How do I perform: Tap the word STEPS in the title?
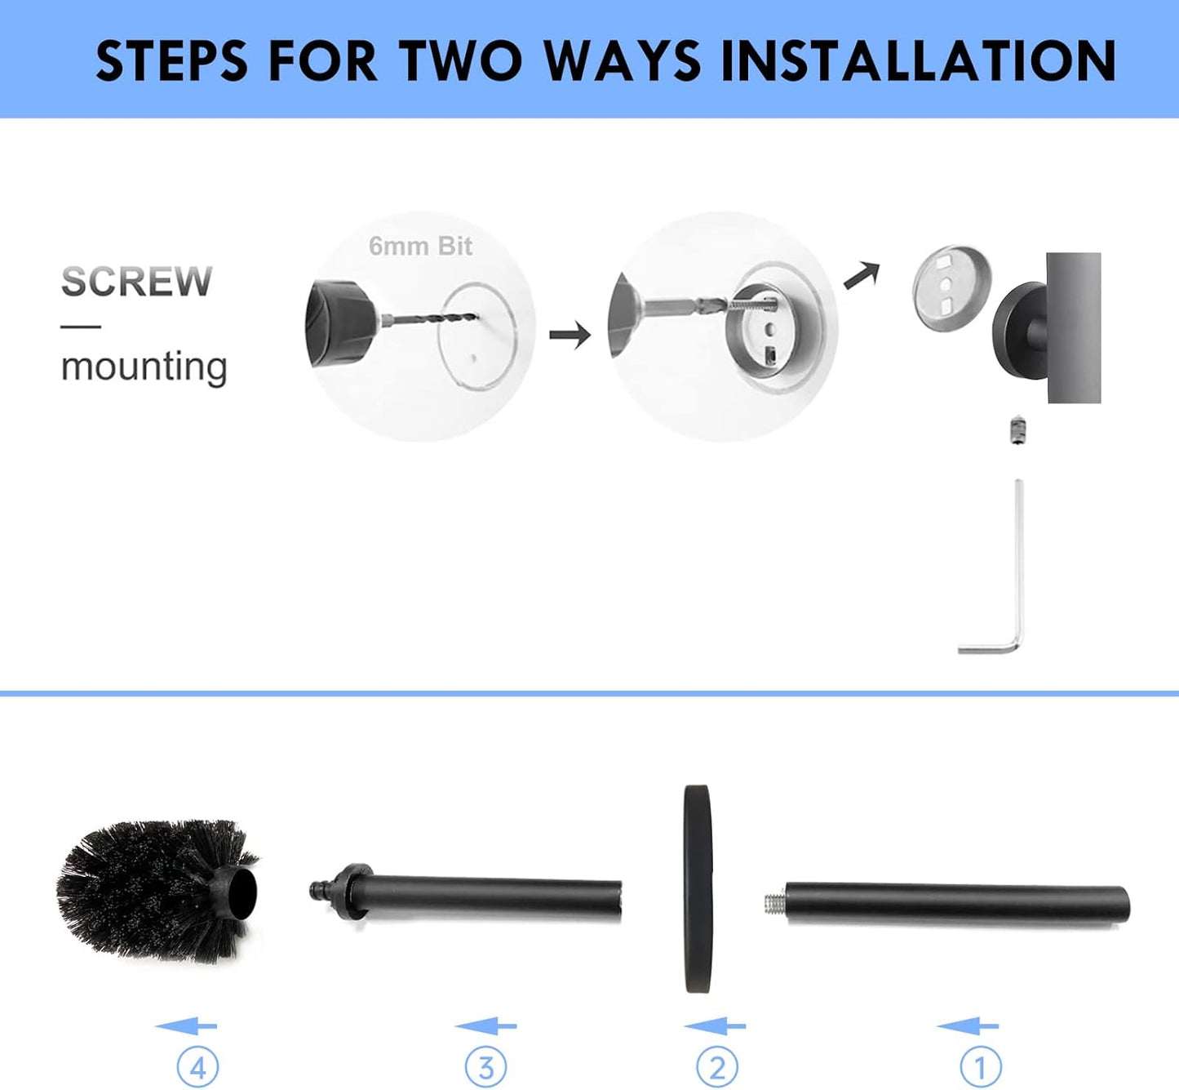click(x=172, y=60)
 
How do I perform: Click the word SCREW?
click(x=136, y=282)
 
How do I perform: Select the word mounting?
click(x=144, y=367)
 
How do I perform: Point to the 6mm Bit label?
click(x=420, y=246)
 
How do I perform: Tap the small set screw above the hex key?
click(x=1017, y=430)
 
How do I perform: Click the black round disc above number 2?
click(x=698, y=888)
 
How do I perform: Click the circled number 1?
click(x=980, y=1066)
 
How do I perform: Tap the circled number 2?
click(x=717, y=1066)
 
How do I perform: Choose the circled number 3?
click(x=485, y=1066)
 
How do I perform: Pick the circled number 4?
click(x=198, y=1066)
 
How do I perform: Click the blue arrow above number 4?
click(x=186, y=1026)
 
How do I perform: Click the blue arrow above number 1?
click(x=968, y=1026)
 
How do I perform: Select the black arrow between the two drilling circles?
click(x=570, y=335)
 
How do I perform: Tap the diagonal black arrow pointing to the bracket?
click(x=862, y=274)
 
